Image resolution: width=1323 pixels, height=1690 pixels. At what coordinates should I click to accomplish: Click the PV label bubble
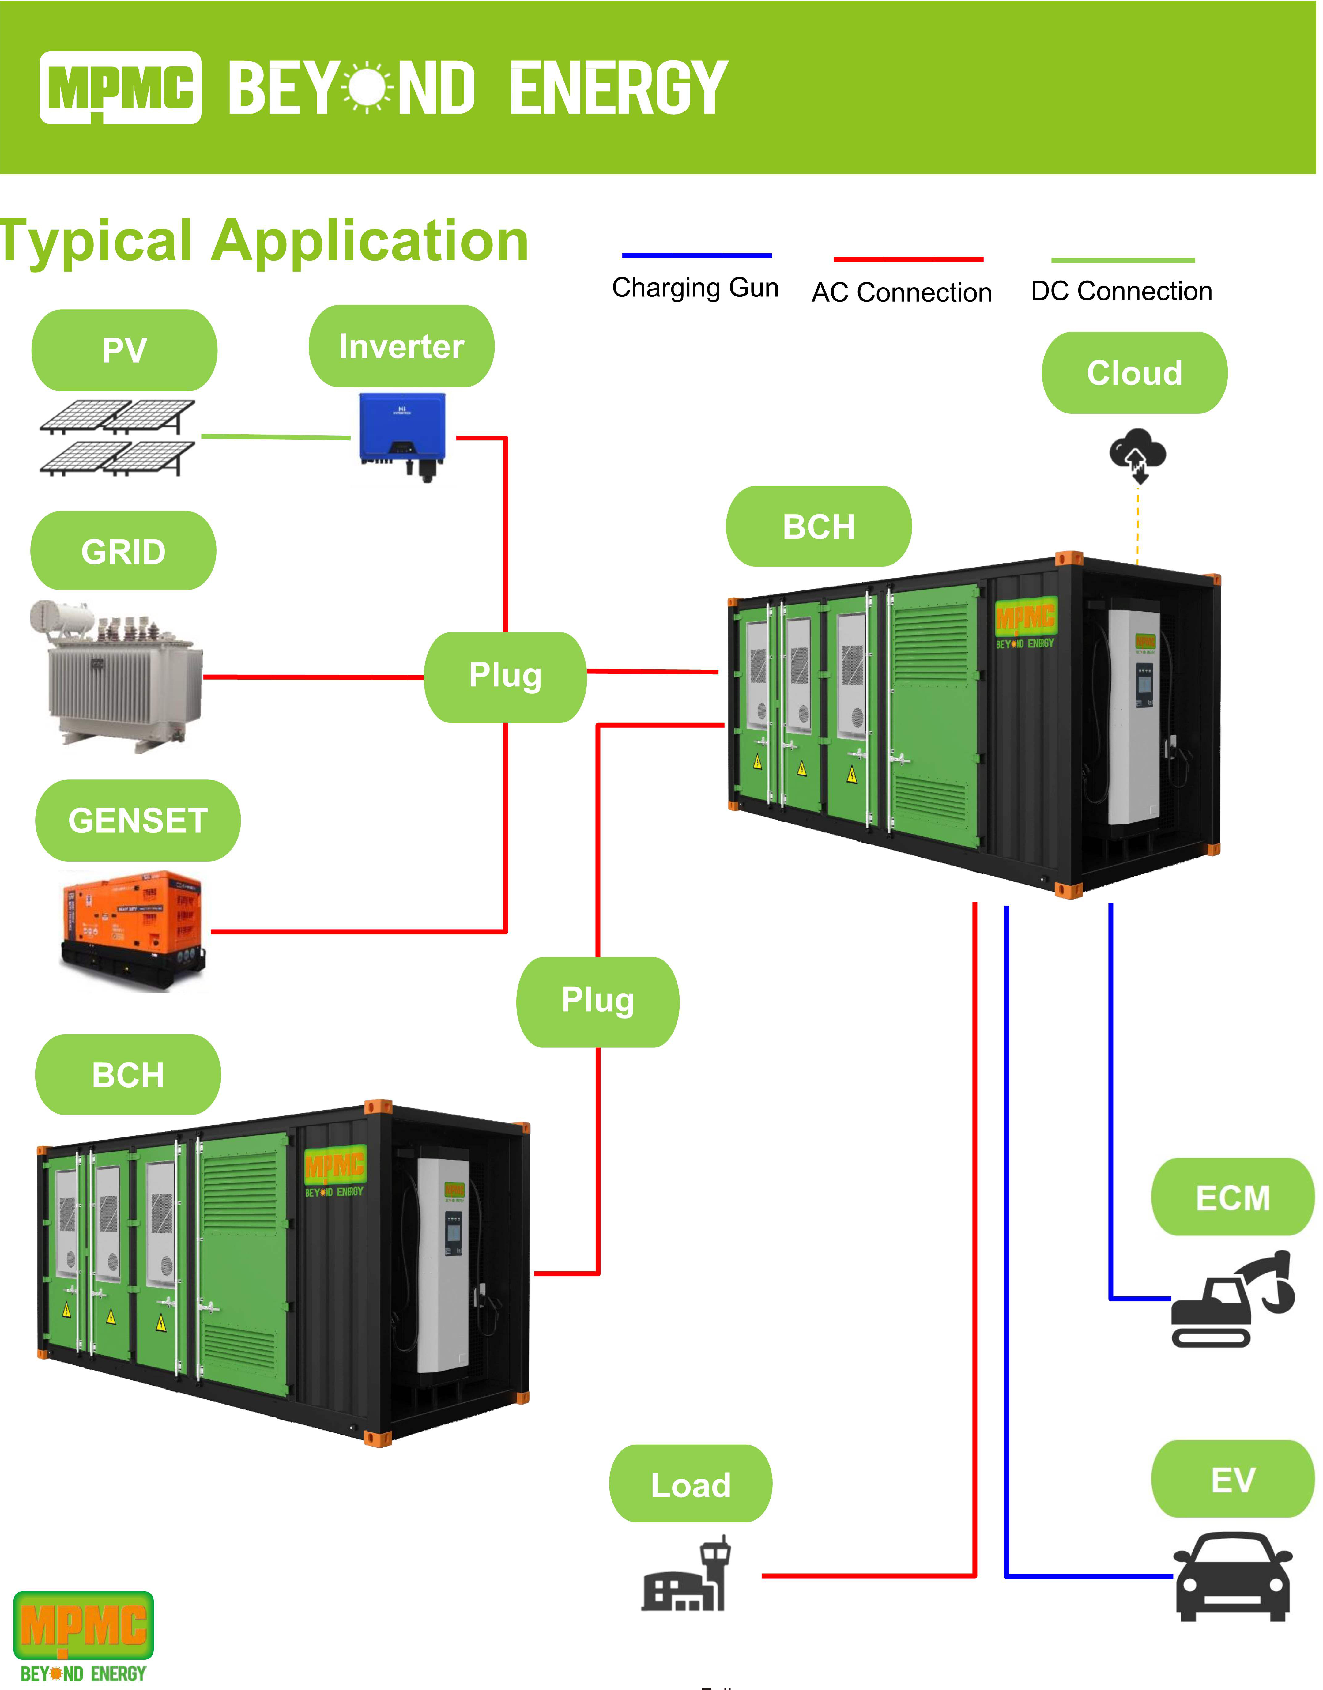pos(124,350)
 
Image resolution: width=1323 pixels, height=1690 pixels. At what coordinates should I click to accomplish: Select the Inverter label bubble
pos(401,346)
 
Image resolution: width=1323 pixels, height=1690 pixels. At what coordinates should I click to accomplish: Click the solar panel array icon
pos(118,438)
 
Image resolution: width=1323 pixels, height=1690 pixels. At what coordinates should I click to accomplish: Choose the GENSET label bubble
pos(138,820)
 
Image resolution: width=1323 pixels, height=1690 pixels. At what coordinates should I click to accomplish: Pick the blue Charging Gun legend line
pos(696,255)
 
